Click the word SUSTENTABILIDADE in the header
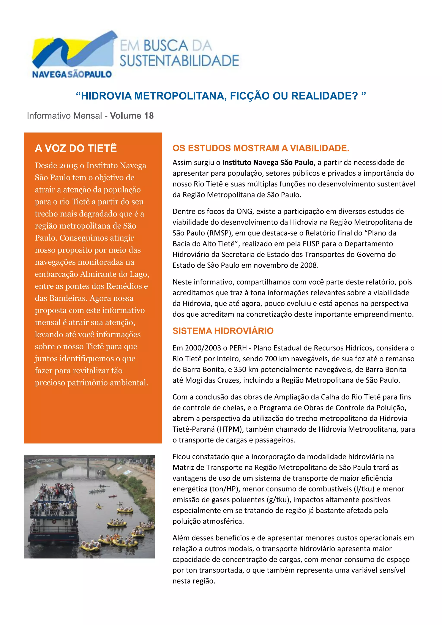tap(179, 61)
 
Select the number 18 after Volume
tap(149, 116)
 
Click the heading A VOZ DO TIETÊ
tap(76, 148)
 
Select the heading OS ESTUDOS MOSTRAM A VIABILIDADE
tap(261, 148)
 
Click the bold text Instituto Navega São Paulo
tap(268, 163)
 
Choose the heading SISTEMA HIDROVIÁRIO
tap(223, 331)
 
